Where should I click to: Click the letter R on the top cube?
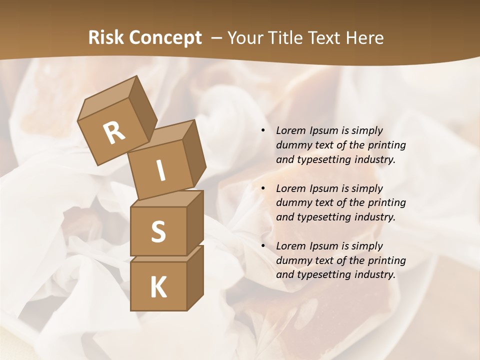tap(114, 133)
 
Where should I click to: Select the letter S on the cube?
tap(158, 231)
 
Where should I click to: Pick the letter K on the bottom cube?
tap(158, 287)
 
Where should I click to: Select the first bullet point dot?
tap(263, 130)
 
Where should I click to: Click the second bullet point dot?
tap(263, 188)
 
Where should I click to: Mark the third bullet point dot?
tap(263, 246)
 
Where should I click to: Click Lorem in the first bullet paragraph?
tap(290, 130)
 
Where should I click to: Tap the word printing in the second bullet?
tap(386, 203)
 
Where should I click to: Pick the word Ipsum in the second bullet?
tap(322, 188)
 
